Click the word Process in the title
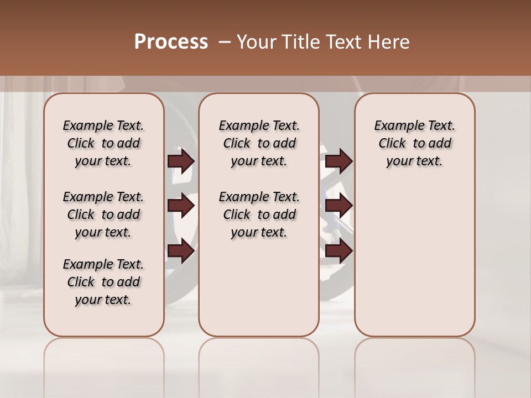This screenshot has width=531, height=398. (171, 42)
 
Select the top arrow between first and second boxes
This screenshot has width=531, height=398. (181, 161)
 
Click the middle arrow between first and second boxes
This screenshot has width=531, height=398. (181, 206)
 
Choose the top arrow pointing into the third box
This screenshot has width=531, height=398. (339, 161)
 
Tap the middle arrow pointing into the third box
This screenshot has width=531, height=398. (339, 206)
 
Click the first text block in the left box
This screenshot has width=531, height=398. (103, 143)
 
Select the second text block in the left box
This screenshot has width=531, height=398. (103, 214)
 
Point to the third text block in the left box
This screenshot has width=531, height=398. (103, 282)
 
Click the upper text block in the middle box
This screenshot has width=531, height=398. (259, 143)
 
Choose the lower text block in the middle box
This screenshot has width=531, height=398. (259, 214)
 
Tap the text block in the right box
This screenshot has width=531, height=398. (414, 143)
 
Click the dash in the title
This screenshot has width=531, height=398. (225, 42)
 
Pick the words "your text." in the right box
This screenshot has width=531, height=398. (414, 161)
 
